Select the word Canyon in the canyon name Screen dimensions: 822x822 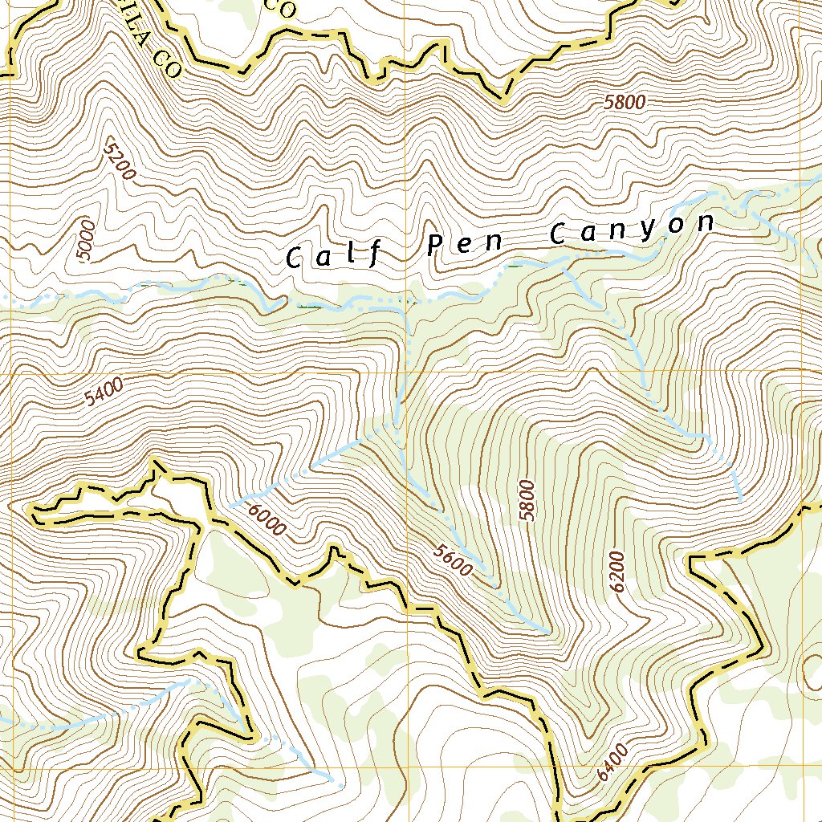[x=632, y=229]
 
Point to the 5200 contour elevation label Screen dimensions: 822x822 [x=120, y=158]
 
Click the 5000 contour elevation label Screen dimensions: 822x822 [x=87, y=239]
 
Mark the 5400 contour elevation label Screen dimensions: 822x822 [x=104, y=393]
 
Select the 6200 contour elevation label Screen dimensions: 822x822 [x=616, y=572]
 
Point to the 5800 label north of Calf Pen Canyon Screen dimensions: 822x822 [x=625, y=103]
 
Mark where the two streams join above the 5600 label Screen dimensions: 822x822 [x=397, y=423]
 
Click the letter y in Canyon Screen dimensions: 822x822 [x=648, y=229]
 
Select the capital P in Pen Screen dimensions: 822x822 [x=434, y=245]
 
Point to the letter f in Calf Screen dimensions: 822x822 [x=374, y=255]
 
